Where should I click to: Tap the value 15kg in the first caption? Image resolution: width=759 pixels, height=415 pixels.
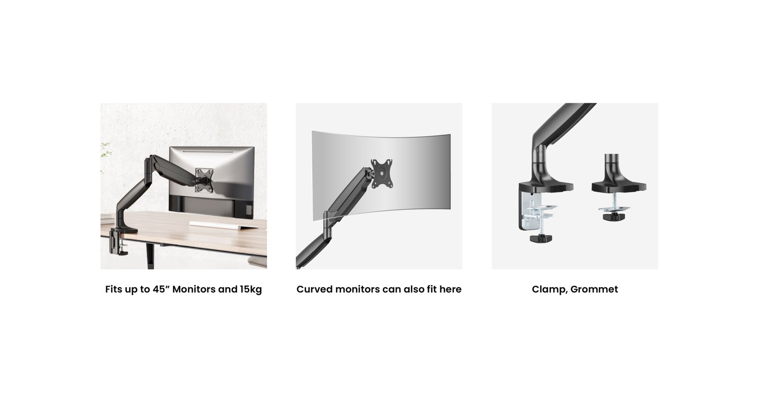(x=251, y=289)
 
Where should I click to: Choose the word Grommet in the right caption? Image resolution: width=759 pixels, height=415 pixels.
(x=594, y=289)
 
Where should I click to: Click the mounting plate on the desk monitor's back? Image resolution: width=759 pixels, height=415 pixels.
(x=204, y=180)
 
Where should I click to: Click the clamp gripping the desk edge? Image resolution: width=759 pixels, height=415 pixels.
(x=117, y=242)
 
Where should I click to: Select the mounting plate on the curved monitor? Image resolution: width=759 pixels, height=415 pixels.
(x=381, y=173)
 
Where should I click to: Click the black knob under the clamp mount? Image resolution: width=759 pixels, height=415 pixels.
(x=541, y=238)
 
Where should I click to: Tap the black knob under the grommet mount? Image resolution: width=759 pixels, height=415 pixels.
(x=614, y=217)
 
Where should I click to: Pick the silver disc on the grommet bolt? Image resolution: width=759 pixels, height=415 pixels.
(x=614, y=208)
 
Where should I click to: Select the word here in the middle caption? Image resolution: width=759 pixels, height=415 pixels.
(x=450, y=289)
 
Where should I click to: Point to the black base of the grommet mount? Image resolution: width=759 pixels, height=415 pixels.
(x=619, y=181)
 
